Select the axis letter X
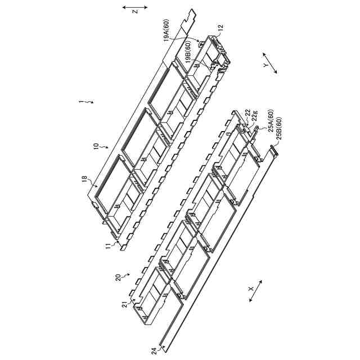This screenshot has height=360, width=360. point(251,289)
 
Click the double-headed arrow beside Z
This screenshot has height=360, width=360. point(135,7)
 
